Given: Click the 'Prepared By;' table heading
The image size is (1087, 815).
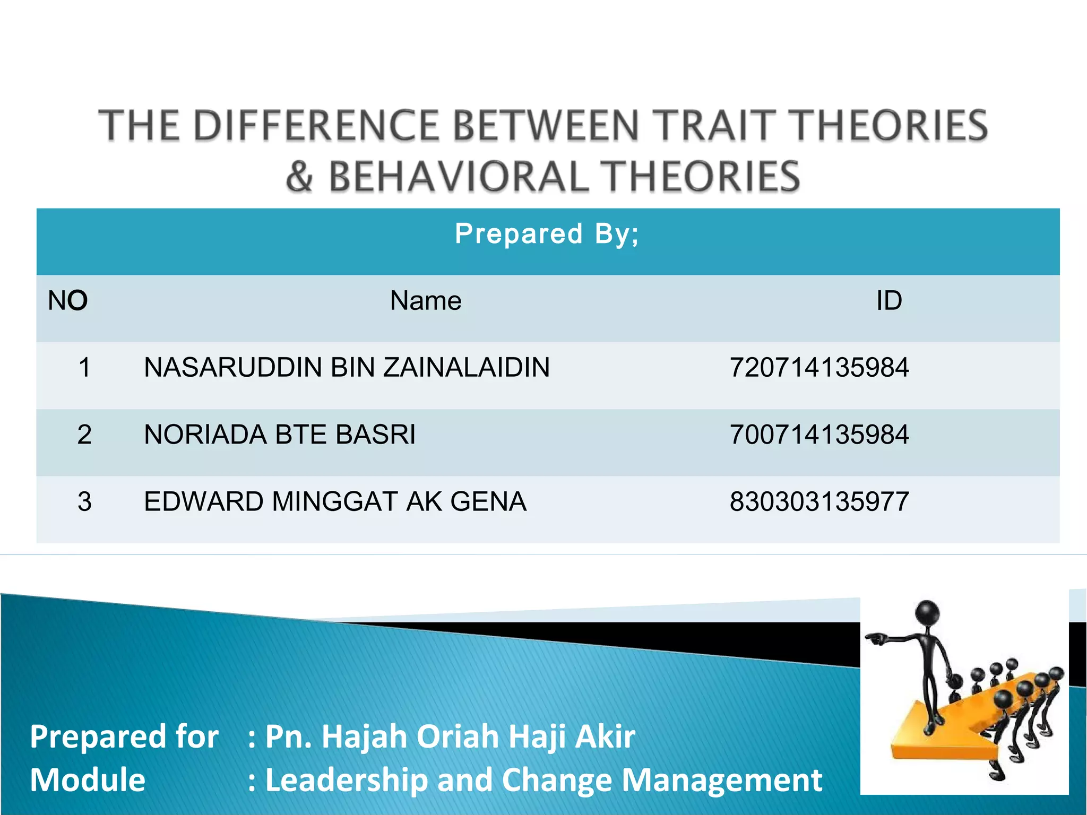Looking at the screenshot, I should pyautogui.click(x=547, y=234).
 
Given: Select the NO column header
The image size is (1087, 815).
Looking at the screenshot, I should pyautogui.click(x=67, y=301).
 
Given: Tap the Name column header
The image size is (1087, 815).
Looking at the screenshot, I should pyautogui.click(x=426, y=301).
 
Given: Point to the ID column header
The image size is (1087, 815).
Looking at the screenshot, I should pyautogui.click(x=888, y=301).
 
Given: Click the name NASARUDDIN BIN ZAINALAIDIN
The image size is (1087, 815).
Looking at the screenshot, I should pyautogui.click(x=347, y=368).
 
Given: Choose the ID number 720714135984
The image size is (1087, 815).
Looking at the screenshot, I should pyautogui.click(x=819, y=368).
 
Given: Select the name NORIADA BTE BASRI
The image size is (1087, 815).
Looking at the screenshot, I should pyautogui.click(x=280, y=435).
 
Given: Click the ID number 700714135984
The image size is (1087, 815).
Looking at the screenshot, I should pyautogui.click(x=819, y=435).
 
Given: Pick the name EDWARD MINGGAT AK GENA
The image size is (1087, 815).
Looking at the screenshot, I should pyautogui.click(x=335, y=501).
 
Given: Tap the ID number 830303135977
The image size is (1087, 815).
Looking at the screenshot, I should pyautogui.click(x=819, y=501).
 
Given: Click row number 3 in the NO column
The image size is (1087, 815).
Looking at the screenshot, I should pyautogui.click(x=84, y=501).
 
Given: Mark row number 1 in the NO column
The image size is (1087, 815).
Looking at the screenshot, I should pyautogui.click(x=84, y=368).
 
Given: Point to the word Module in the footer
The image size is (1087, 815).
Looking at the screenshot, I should pyautogui.click(x=88, y=780).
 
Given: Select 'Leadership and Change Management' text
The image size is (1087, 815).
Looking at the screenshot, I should pyautogui.click(x=543, y=780).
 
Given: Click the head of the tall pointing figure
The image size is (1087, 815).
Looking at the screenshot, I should pyautogui.click(x=927, y=614).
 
